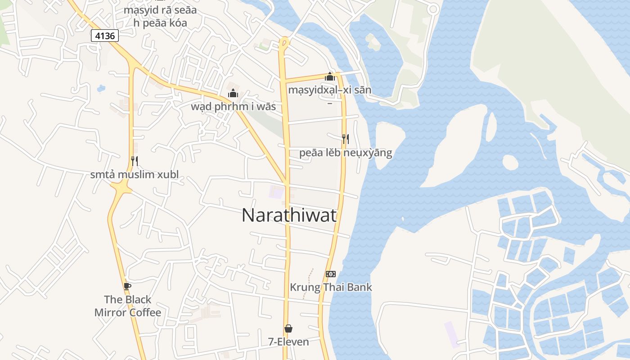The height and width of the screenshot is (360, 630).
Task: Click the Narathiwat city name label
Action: (x=289, y=216)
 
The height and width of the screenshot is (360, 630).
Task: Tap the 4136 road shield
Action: (x=104, y=36)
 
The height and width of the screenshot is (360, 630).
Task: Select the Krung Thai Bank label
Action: (x=331, y=287)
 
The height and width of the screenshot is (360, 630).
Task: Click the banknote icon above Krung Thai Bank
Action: (x=331, y=274)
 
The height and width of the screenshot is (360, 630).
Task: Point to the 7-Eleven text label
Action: (x=288, y=342)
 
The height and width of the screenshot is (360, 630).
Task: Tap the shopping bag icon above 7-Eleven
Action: (x=288, y=328)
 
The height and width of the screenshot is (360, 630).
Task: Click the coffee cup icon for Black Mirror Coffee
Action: (x=127, y=286)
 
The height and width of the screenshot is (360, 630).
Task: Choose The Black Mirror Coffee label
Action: (x=127, y=306)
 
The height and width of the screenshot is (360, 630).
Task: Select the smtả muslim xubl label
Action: (x=134, y=175)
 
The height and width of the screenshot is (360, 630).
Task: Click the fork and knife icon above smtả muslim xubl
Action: (x=134, y=161)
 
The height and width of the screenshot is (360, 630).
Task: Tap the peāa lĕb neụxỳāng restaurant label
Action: (x=346, y=153)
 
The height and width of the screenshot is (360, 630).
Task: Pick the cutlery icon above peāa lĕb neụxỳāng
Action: (x=346, y=139)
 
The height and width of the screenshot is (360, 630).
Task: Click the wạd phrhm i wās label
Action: (x=233, y=107)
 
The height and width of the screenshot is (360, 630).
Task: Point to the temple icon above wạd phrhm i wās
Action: (x=233, y=94)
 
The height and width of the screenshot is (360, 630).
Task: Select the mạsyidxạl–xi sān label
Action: (x=330, y=90)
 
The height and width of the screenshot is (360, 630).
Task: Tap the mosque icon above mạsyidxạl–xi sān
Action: (x=330, y=77)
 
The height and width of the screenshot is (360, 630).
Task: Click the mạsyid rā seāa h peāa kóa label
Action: (x=160, y=16)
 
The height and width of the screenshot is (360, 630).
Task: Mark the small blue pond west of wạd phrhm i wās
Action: (x=101, y=88)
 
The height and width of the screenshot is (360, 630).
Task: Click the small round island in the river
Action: (x=510, y=162)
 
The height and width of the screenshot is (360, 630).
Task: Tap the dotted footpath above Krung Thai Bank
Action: (x=308, y=283)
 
